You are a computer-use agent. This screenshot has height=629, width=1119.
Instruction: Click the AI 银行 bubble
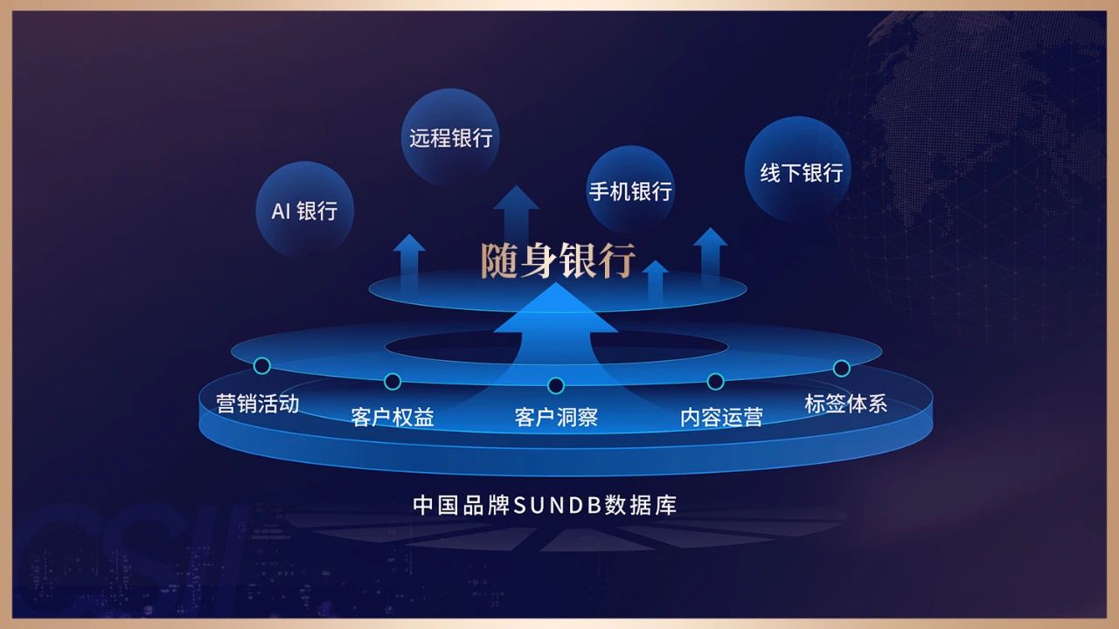pyautogui.click(x=304, y=210)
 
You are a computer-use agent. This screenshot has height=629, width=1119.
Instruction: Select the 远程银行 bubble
pyautogui.click(x=450, y=137)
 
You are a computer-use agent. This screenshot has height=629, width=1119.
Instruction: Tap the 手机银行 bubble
pyautogui.click(x=630, y=190)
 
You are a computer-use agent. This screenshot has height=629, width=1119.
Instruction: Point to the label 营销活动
pyautogui.click(x=258, y=404)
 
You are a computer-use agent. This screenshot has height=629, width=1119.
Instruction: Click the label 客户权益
pyautogui.click(x=393, y=417)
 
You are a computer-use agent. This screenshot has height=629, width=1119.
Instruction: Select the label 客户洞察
pyautogui.click(x=556, y=417)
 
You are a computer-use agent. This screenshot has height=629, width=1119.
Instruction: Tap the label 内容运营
pyautogui.click(x=721, y=417)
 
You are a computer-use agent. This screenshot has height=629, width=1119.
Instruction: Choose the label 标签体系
pyautogui.click(x=845, y=404)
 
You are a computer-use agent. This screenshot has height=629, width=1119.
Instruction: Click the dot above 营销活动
pyautogui.click(x=261, y=365)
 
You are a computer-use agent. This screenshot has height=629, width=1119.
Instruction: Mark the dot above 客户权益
pyautogui.click(x=393, y=381)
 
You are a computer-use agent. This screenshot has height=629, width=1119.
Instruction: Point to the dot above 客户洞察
pyautogui.click(x=555, y=385)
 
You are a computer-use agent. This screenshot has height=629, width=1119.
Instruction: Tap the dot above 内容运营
pyautogui.click(x=715, y=381)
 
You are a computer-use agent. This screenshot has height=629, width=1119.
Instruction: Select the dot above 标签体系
pyautogui.click(x=841, y=368)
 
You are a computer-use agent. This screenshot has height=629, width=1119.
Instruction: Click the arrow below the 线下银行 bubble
pyautogui.click(x=711, y=250)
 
